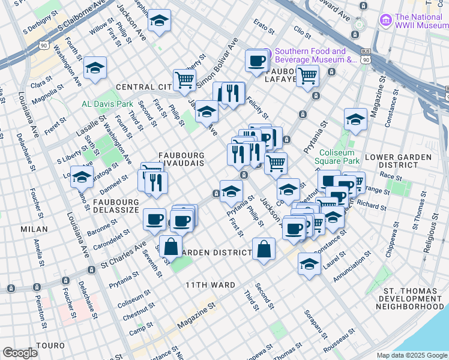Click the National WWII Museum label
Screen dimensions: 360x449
pyautogui.click(x=420, y=22)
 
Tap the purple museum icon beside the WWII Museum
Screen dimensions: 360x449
pyautogui.click(x=385, y=22)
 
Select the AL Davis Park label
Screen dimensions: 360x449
pyautogui.click(x=107, y=104)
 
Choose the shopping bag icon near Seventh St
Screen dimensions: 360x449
pyautogui.click(x=171, y=246)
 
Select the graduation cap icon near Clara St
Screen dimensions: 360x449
pyautogui.click(x=95, y=68)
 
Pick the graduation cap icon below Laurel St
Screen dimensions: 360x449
pyautogui.click(x=309, y=263)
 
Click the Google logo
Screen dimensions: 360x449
pyautogui.click(x=20, y=353)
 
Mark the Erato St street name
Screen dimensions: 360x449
pyautogui.click(x=264, y=25)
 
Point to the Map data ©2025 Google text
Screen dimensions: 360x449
pyautogui.click(x=411, y=355)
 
